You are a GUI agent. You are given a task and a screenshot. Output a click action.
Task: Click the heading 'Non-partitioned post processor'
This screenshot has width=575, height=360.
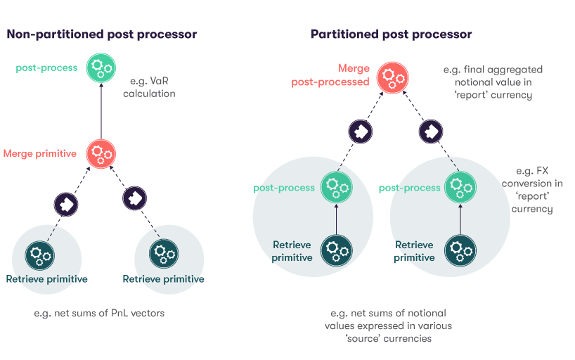[101, 34]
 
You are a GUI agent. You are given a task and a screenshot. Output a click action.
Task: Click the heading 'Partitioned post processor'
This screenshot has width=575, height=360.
[391, 34]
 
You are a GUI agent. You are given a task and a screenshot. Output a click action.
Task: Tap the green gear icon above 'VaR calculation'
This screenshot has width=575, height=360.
[101, 68]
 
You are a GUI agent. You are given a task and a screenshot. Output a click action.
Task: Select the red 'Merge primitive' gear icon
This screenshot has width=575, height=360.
[101, 153]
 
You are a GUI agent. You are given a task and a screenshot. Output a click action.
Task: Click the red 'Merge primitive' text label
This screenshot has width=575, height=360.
[40, 153]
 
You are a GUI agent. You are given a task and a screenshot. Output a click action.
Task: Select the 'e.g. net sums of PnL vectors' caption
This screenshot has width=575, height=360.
[99, 313]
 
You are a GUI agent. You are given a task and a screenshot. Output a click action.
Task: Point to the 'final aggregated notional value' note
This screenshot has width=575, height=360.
[493, 82]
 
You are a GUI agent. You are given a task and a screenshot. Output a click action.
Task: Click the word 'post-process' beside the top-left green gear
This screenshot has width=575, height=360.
[46, 68]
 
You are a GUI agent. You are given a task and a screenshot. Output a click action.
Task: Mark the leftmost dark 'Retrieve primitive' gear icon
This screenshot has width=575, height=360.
[39, 254]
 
